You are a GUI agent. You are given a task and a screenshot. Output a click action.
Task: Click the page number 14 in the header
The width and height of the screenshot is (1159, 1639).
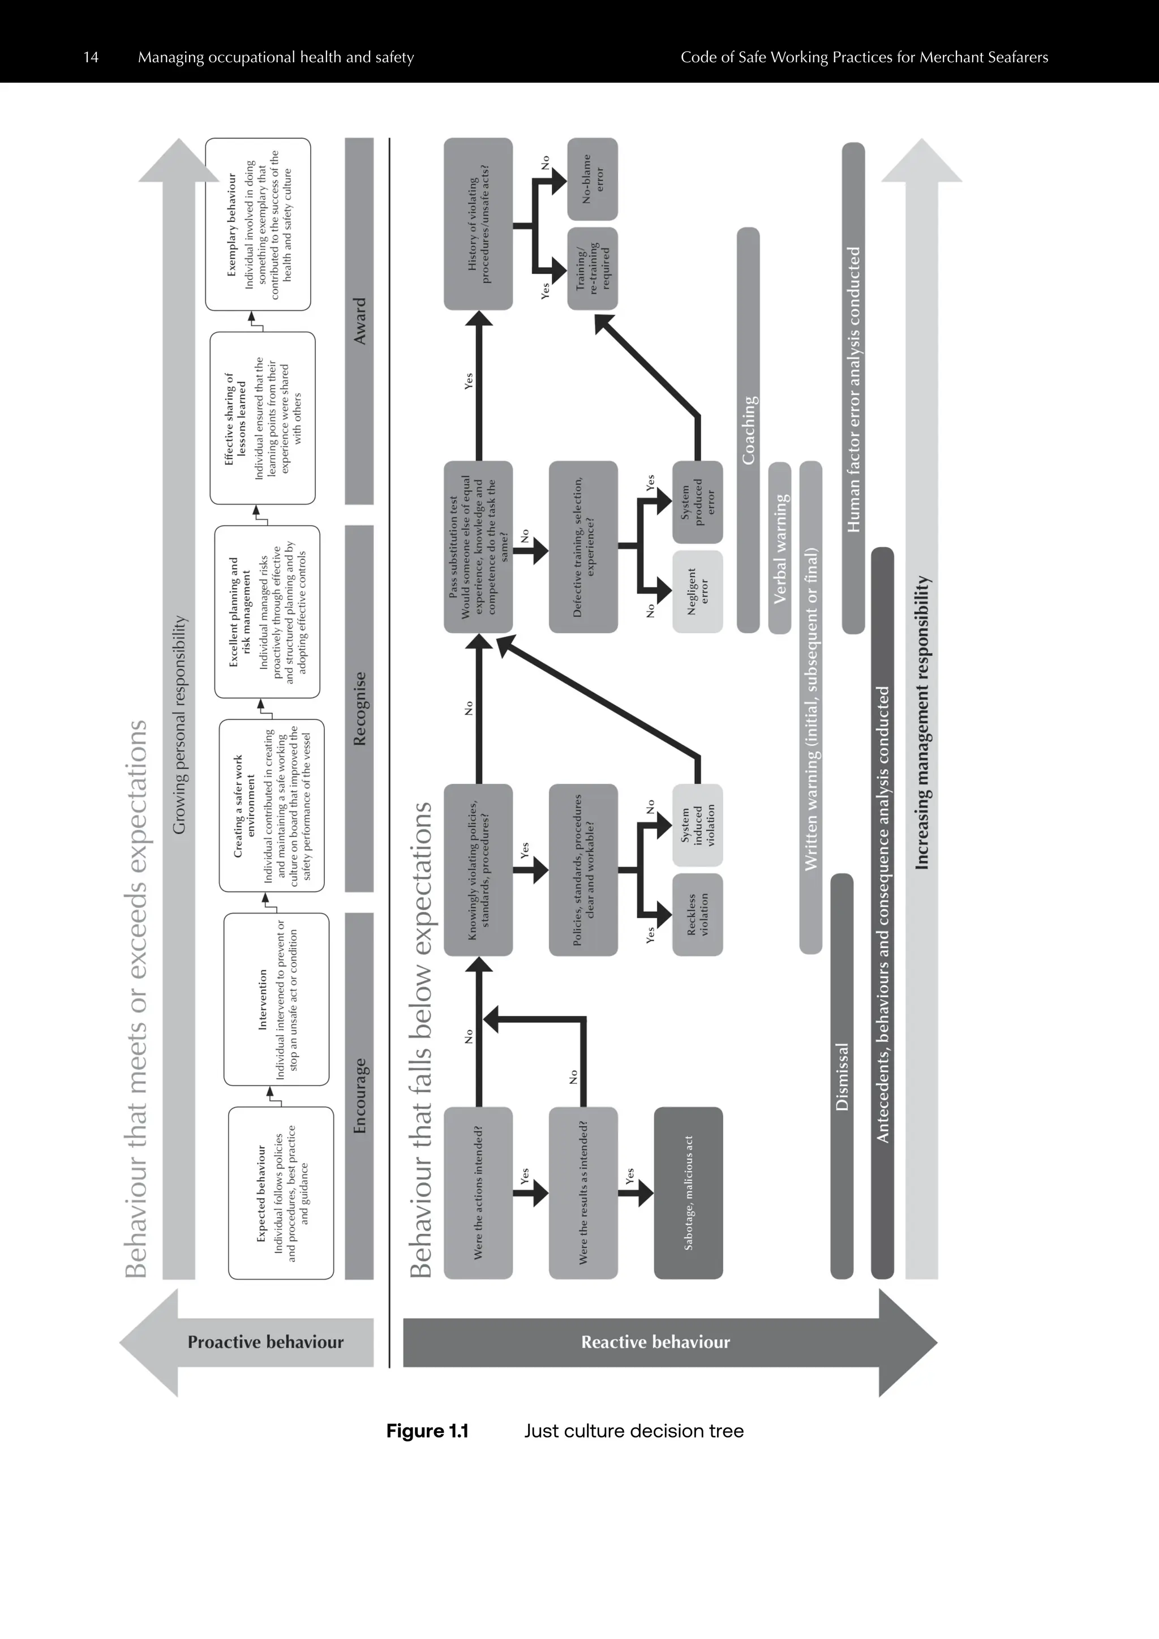tap(91, 57)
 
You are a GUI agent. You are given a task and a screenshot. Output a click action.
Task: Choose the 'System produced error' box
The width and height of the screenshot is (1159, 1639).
tap(697, 502)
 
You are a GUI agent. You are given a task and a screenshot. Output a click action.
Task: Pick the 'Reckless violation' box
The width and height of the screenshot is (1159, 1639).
tap(697, 915)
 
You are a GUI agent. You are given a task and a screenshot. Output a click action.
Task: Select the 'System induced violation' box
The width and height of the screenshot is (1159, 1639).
tap(697, 826)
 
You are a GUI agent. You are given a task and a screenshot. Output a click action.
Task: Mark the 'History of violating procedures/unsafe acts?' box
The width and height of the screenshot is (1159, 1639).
tap(478, 224)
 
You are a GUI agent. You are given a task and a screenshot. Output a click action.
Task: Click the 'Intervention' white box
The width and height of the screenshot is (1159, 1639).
tap(277, 999)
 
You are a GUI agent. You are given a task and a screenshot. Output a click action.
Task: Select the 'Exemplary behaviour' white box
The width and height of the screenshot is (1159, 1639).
tap(257, 224)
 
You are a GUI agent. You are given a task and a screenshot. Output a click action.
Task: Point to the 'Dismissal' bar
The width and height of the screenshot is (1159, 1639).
tap(842, 1076)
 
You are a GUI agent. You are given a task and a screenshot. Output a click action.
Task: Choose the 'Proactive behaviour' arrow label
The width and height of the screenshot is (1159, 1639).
tap(265, 1342)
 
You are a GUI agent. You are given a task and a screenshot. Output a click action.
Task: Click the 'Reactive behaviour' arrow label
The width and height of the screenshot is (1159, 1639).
tap(655, 1342)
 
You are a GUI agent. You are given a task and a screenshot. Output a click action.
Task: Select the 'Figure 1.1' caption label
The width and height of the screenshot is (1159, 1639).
tap(427, 1431)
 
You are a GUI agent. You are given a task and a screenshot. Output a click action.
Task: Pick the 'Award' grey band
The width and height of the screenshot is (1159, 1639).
tap(359, 321)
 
